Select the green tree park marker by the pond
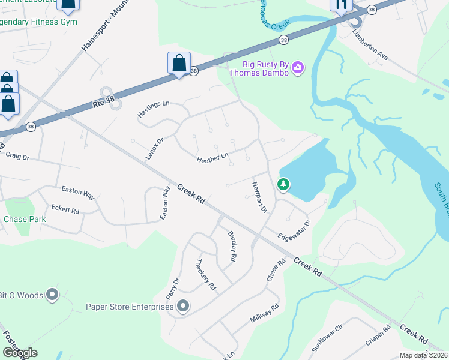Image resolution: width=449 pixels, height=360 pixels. coord(283,185)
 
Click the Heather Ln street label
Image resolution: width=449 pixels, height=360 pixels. coord(212,158)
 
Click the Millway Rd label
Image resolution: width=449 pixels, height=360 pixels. coord(264,314)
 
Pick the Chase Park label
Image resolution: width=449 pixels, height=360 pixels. coord(25,219)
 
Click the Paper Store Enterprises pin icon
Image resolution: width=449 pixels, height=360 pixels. coord(184,307)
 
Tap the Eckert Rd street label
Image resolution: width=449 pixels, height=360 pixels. coord(65,210)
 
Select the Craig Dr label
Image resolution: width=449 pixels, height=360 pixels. coord(17,156)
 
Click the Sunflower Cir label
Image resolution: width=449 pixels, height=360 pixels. coord(327,337)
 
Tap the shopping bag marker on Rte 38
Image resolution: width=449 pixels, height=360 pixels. coord(179,63)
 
